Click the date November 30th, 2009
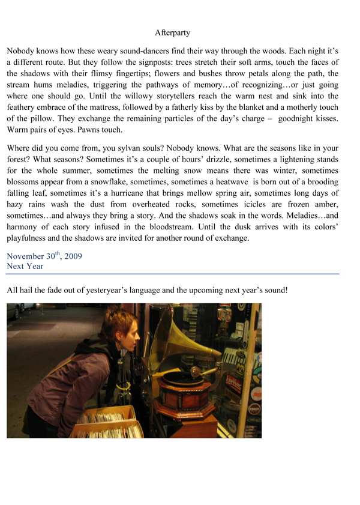click(x=44, y=256)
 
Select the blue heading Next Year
click(x=25, y=266)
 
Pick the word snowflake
click(x=122, y=181)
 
